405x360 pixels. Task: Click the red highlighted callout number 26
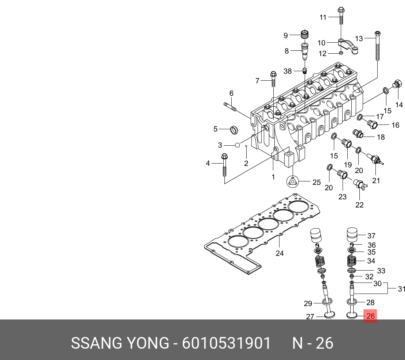pos(370,316)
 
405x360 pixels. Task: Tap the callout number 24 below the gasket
pos(280,253)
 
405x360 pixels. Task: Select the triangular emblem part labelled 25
pos(293,181)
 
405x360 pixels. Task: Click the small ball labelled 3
pos(238,145)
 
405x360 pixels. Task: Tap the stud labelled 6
pos(230,107)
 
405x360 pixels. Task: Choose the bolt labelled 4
pos(224,165)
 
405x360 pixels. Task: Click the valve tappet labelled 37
pos(352,234)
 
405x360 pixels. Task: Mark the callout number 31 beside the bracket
pos(401,289)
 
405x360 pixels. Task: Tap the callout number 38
pos(288,71)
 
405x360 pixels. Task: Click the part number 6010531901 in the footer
pos(226,343)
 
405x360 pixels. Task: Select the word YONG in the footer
pos(147,343)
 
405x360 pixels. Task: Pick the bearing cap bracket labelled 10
pos(348,46)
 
